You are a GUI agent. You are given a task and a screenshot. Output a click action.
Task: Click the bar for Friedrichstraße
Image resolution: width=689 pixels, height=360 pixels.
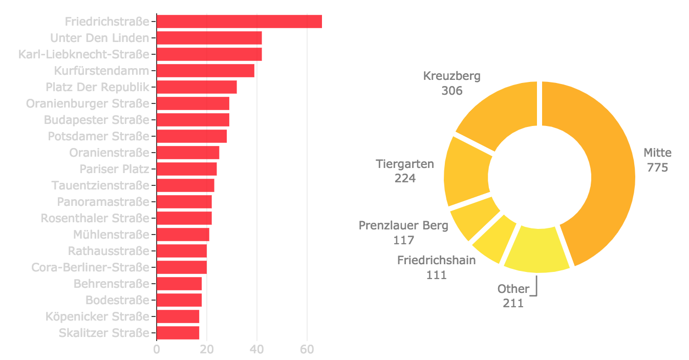point(239,22)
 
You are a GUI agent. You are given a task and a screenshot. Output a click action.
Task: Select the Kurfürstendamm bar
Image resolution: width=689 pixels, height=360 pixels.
point(205,71)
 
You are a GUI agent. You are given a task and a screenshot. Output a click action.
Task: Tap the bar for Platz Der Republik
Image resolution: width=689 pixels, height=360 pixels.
point(197,87)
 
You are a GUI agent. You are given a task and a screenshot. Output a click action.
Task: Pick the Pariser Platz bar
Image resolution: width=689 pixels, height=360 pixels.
point(186,169)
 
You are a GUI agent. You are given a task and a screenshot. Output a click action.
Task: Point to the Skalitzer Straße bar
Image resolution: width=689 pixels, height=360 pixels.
point(178,333)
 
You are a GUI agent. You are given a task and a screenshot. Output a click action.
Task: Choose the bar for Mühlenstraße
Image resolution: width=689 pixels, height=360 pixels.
point(183,235)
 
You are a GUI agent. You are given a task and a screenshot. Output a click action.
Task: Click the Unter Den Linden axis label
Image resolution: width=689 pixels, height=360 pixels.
point(100,38)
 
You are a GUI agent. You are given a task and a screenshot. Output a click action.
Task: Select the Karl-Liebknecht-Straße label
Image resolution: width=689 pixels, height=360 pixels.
point(84,54)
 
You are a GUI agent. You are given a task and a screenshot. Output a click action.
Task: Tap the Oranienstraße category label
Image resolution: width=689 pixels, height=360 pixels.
point(110,153)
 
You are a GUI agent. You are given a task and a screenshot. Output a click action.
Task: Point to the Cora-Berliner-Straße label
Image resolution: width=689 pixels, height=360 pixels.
point(91,267)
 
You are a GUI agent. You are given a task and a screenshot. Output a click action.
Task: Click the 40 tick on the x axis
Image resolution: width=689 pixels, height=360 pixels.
point(257,349)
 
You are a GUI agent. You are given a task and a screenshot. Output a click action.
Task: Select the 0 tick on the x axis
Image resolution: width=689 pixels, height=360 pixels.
point(157,349)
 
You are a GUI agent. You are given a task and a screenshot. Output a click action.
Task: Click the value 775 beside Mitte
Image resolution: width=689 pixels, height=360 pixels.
point(657,167)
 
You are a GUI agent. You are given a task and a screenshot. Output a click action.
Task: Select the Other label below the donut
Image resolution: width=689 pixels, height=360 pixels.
point(513,289)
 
